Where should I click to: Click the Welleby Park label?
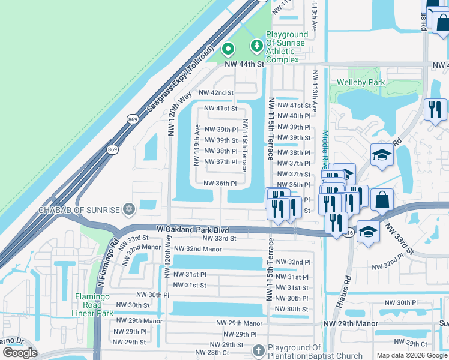360,82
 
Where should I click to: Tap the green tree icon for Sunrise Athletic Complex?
256,45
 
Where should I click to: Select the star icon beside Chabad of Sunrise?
128,209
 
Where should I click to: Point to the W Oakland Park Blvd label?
193,229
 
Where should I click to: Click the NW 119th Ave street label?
197,145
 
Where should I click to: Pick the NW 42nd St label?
215,93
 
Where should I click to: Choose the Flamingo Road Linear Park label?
94,305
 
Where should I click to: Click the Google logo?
20,353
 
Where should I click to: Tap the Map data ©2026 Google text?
411,355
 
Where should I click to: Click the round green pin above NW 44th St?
228,49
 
